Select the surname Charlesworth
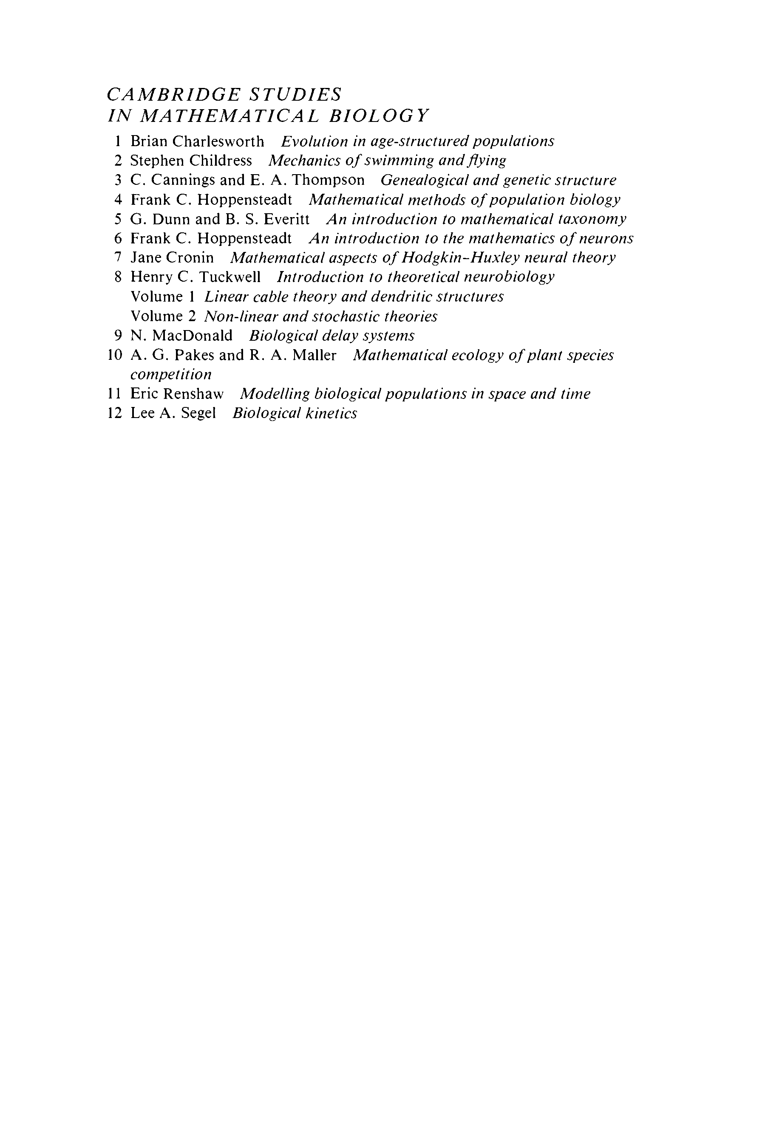[218, 141]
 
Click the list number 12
[114, 413]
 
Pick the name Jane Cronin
[172, 257]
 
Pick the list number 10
[114, 356]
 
